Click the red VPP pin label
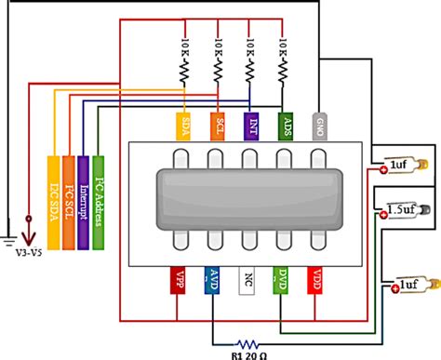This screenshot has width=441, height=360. [180, 281]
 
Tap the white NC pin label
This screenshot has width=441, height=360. [246, 281]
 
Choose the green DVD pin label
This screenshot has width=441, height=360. [280, 281]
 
